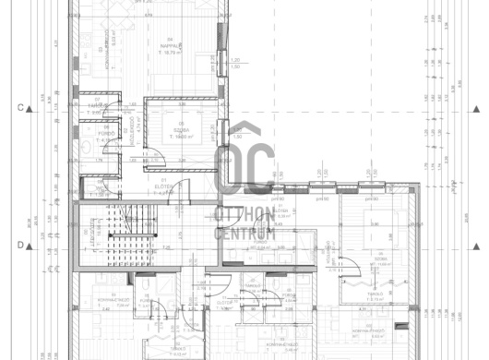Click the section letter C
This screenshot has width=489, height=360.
point(18,108)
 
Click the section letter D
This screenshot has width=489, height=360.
point(18,245)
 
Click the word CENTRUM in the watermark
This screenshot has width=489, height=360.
point(245,233)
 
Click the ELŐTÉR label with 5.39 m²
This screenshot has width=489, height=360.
point(283,214)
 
